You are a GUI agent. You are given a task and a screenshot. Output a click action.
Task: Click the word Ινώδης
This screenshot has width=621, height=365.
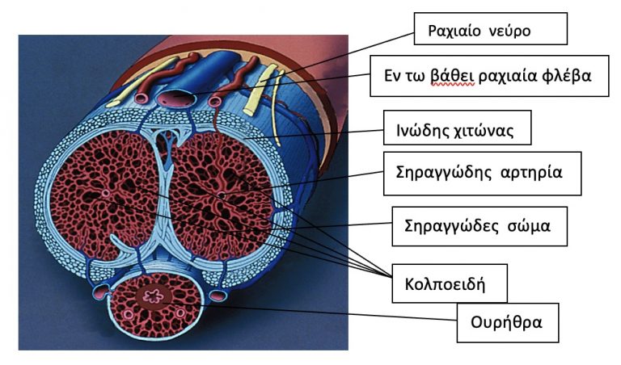423,130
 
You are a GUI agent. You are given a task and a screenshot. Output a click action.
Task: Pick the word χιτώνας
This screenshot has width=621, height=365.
484,130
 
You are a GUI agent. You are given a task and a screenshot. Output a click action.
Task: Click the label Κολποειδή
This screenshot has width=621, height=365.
445,284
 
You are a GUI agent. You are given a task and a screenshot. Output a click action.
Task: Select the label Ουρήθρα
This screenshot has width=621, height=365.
505,322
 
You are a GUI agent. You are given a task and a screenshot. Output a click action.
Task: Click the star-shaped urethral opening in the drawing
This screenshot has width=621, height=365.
153,296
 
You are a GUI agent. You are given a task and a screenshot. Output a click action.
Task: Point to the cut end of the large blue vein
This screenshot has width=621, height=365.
177,98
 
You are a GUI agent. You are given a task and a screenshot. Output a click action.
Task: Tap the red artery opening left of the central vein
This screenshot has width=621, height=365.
141,98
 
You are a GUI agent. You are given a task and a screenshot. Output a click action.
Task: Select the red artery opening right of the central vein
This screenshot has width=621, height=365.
214,102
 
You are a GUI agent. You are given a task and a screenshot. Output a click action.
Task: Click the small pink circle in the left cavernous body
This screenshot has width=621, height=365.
105,193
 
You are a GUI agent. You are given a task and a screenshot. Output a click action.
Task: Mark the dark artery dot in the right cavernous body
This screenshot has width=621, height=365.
222,195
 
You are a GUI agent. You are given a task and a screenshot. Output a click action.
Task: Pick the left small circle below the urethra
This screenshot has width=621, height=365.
129,315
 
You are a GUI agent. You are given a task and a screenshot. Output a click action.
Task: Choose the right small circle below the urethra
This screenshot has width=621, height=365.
180,313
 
